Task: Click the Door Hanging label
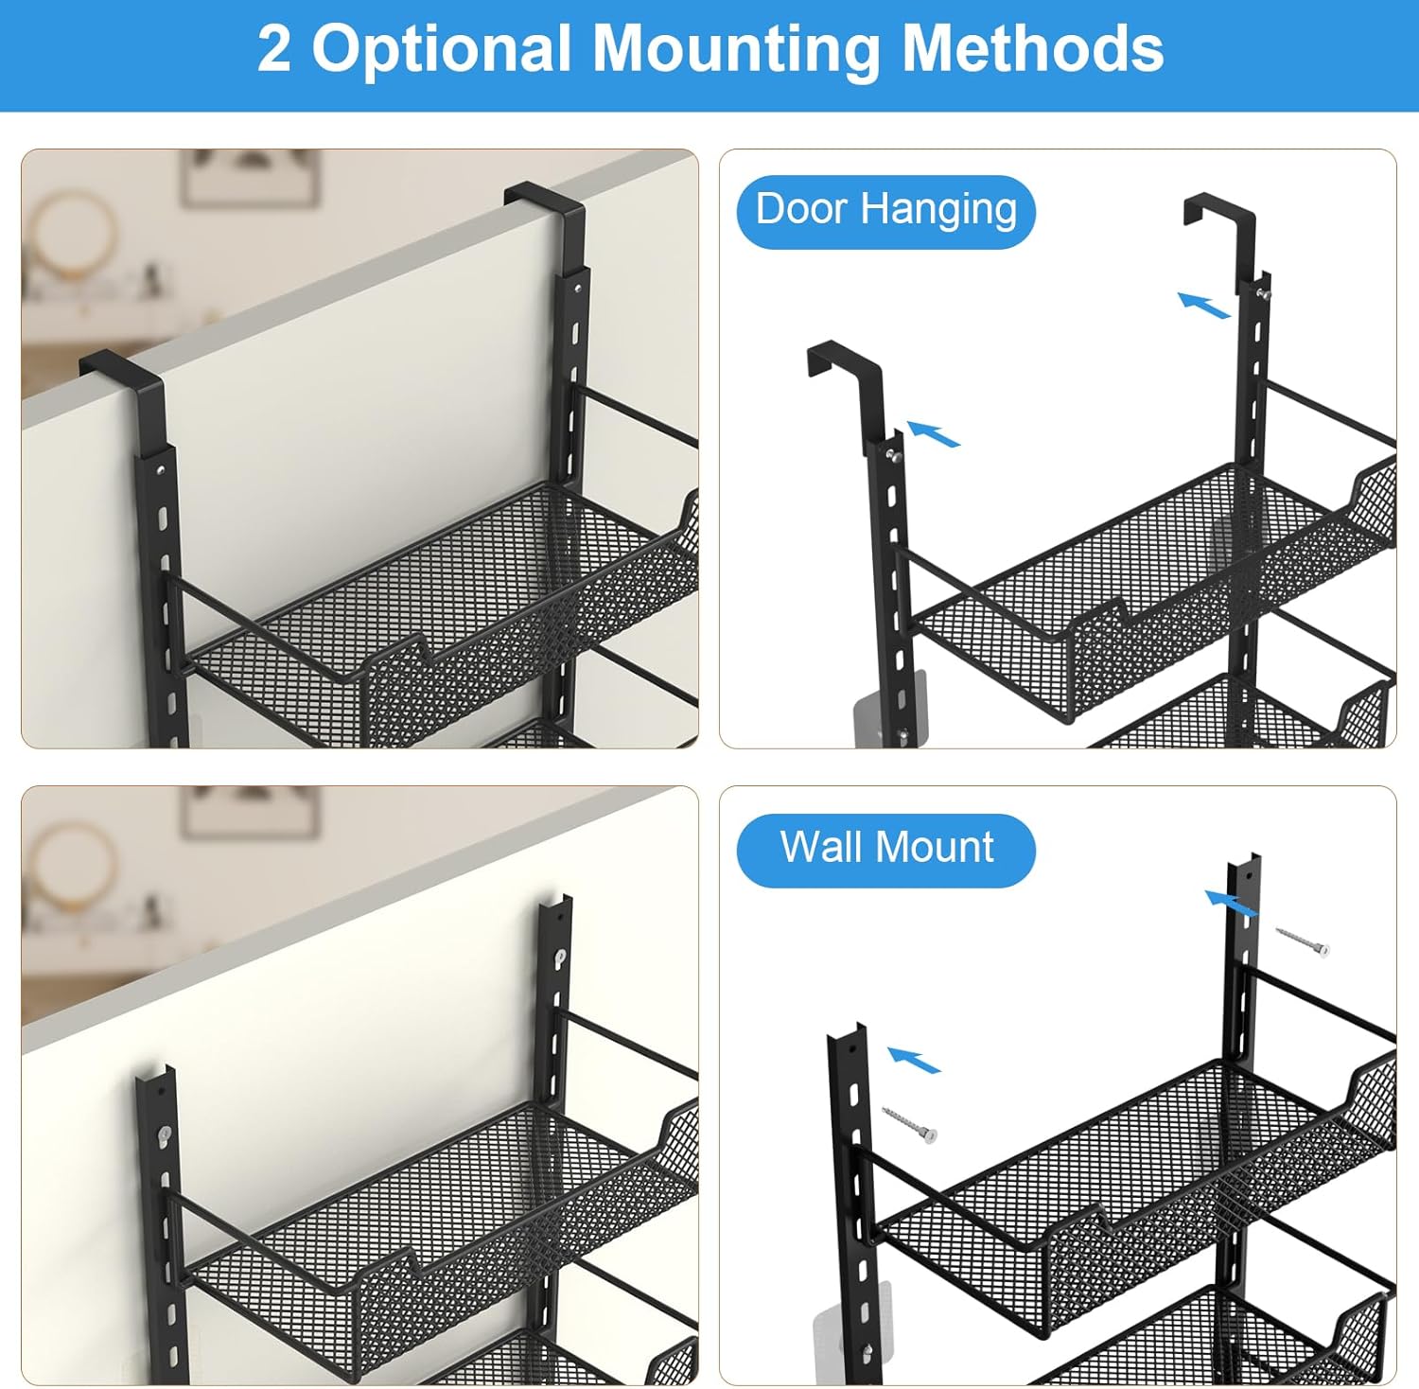pos(886,211)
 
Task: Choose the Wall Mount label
pos(886,850)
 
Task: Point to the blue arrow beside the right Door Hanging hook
pos(1203,305)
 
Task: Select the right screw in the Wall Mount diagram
pos(1304,941)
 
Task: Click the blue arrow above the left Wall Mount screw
pos(914,1060)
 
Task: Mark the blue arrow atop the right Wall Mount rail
pos(1231,903)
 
